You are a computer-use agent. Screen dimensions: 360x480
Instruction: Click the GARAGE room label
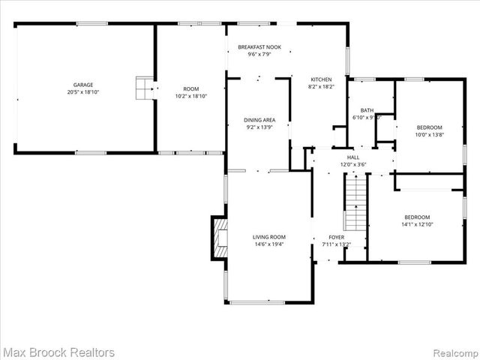tap(82, 85)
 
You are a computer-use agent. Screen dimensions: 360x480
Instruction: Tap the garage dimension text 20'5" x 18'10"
tap(82, 92)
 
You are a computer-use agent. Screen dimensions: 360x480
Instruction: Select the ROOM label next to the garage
tap(190, 88)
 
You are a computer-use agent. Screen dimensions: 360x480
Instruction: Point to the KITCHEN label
tap(322, 79)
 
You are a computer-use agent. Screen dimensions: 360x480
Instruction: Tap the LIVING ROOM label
tap(268, 236)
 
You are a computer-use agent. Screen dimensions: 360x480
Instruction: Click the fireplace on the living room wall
tap(218, 238)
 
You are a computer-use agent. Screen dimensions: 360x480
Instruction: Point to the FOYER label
tap(336, 236)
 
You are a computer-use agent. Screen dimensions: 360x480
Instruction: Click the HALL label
tap(352, 157)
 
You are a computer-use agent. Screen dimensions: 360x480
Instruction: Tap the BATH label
tap(367, 110)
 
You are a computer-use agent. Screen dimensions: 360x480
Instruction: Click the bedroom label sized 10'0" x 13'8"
tap(429, 127)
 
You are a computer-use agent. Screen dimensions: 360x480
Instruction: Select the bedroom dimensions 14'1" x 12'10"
tap(417, 223)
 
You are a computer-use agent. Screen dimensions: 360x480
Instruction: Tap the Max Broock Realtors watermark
tap(58, 352)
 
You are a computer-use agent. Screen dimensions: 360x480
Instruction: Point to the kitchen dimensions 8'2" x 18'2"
tap(322, 86)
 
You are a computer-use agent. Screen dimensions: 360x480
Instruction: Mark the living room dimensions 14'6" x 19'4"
tap(268, 244)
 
